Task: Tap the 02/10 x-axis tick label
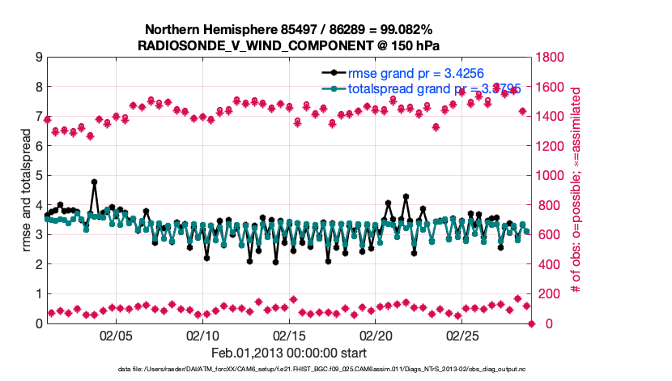[x=202, y=336]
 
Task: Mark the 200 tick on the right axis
[x=546, y=293]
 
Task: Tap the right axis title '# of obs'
[x=576, y=190]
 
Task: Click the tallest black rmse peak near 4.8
[x=94, y=182]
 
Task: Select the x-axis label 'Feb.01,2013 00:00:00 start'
[x=289, y=353]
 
